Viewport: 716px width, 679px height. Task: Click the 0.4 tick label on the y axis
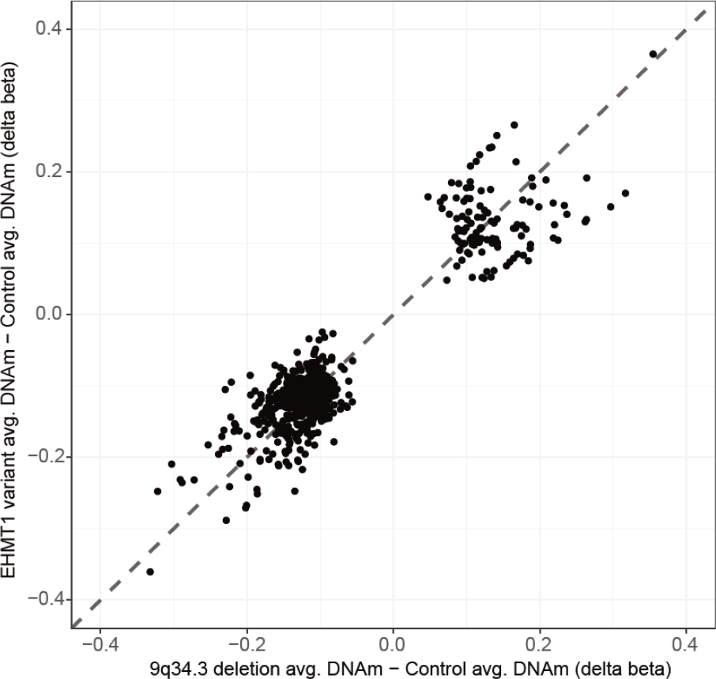coord(52,29)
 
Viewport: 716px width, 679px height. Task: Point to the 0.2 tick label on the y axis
coord(52,172)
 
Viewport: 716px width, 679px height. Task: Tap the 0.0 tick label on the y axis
coord(52,314)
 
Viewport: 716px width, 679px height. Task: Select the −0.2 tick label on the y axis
coord(47,457)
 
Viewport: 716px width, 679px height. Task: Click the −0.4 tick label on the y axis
coord(47,599)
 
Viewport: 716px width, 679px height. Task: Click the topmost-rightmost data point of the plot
coord(653,54)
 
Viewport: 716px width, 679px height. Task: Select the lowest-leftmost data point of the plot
coord(150,571)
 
